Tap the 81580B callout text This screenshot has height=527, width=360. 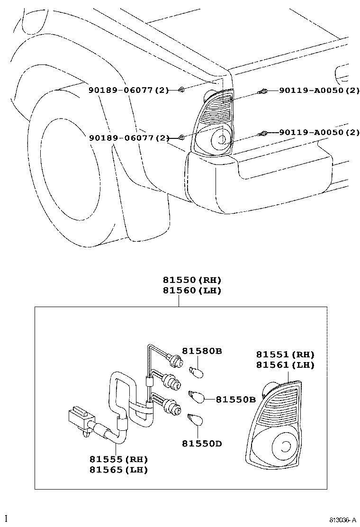[202, 351]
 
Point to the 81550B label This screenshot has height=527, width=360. [236, 400]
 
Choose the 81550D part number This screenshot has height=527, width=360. [202, 444]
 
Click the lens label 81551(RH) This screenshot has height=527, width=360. [285, 354]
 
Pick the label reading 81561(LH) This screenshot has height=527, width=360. [285, 365]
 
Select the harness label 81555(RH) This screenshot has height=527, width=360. [118, 459]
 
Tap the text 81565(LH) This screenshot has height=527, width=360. [118, 470]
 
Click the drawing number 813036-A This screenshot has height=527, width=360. [343, 520]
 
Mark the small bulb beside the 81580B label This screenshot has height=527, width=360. [197, 373]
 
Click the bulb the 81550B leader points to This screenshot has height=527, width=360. [197, 396]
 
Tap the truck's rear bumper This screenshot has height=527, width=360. [265, 180]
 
